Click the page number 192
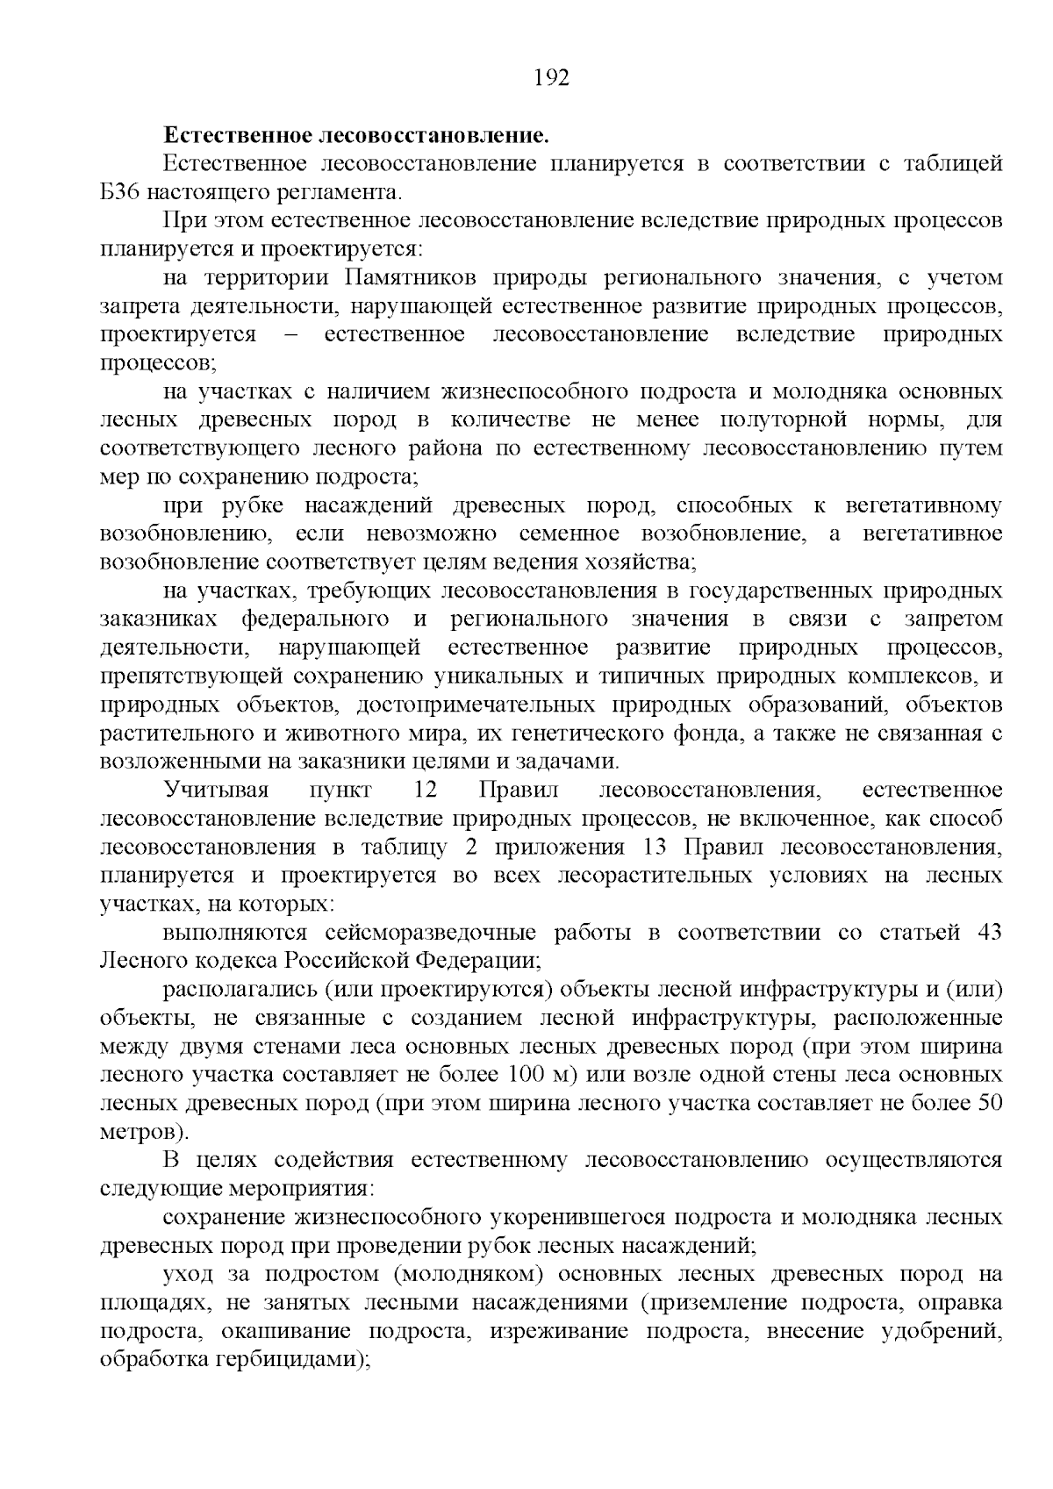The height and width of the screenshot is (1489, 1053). (x=552, y=78)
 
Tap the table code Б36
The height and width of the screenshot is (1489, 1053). (x=120, y=192)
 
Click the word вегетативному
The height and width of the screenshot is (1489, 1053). (x=923, y=505)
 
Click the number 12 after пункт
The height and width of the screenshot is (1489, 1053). (x=425, y=791)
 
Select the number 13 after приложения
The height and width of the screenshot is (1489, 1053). (x=655, y=848)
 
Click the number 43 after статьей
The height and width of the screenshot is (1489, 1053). (x=989, y=933)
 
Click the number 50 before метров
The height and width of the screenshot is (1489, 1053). (x=990, y=1103)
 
